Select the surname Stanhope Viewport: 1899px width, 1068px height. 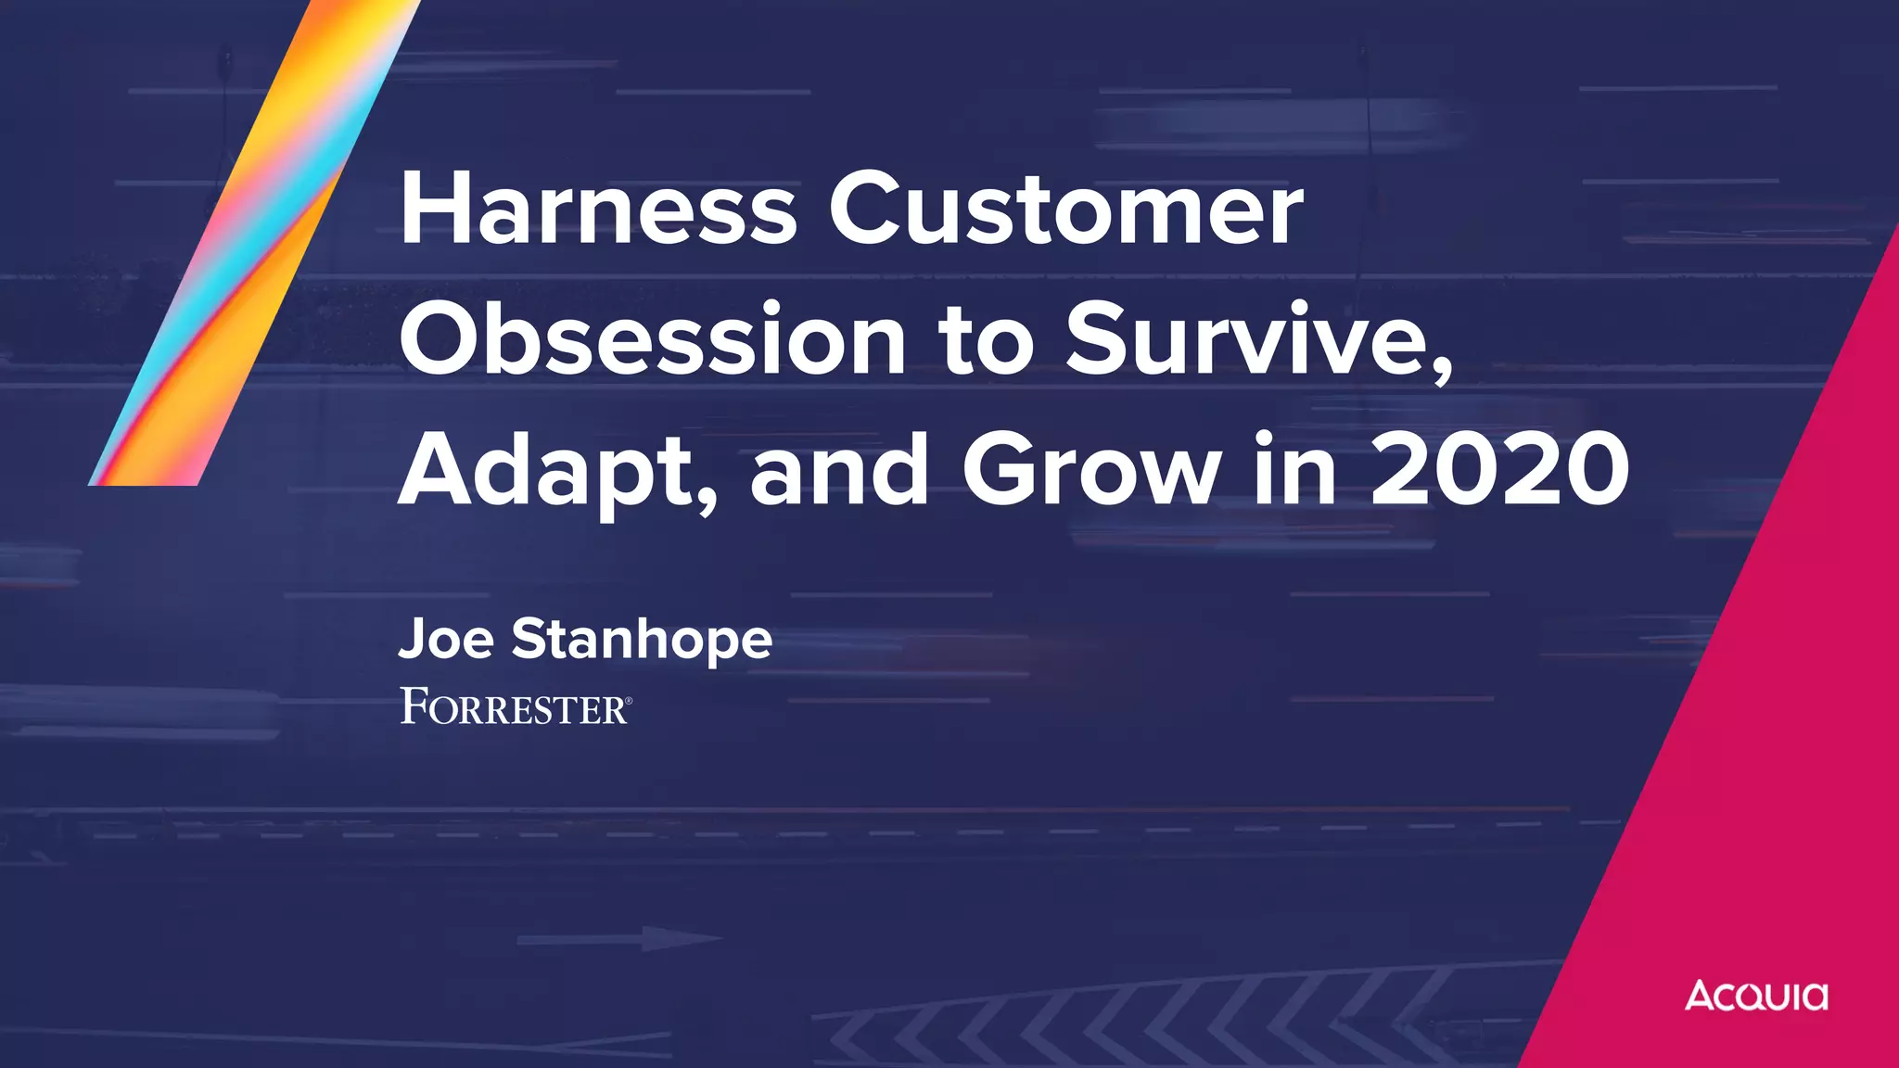click(642, 640)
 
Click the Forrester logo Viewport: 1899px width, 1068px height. click(515, 706)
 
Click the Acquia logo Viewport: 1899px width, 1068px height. click(1756, 996)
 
